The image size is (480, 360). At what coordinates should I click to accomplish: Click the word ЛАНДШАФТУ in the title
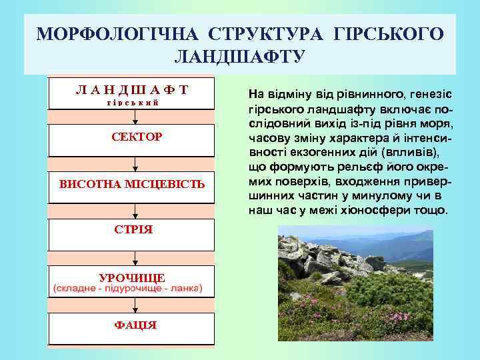[239, 57]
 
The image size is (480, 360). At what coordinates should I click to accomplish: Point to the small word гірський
[132, 102]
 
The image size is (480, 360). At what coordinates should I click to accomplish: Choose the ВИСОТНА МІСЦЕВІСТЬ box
[132, 183]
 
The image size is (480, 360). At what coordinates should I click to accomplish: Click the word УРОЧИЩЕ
[132, 277]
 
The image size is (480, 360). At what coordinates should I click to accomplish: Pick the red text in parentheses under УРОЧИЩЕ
[132, 289]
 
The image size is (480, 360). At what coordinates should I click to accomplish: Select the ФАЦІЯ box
[132, 325]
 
